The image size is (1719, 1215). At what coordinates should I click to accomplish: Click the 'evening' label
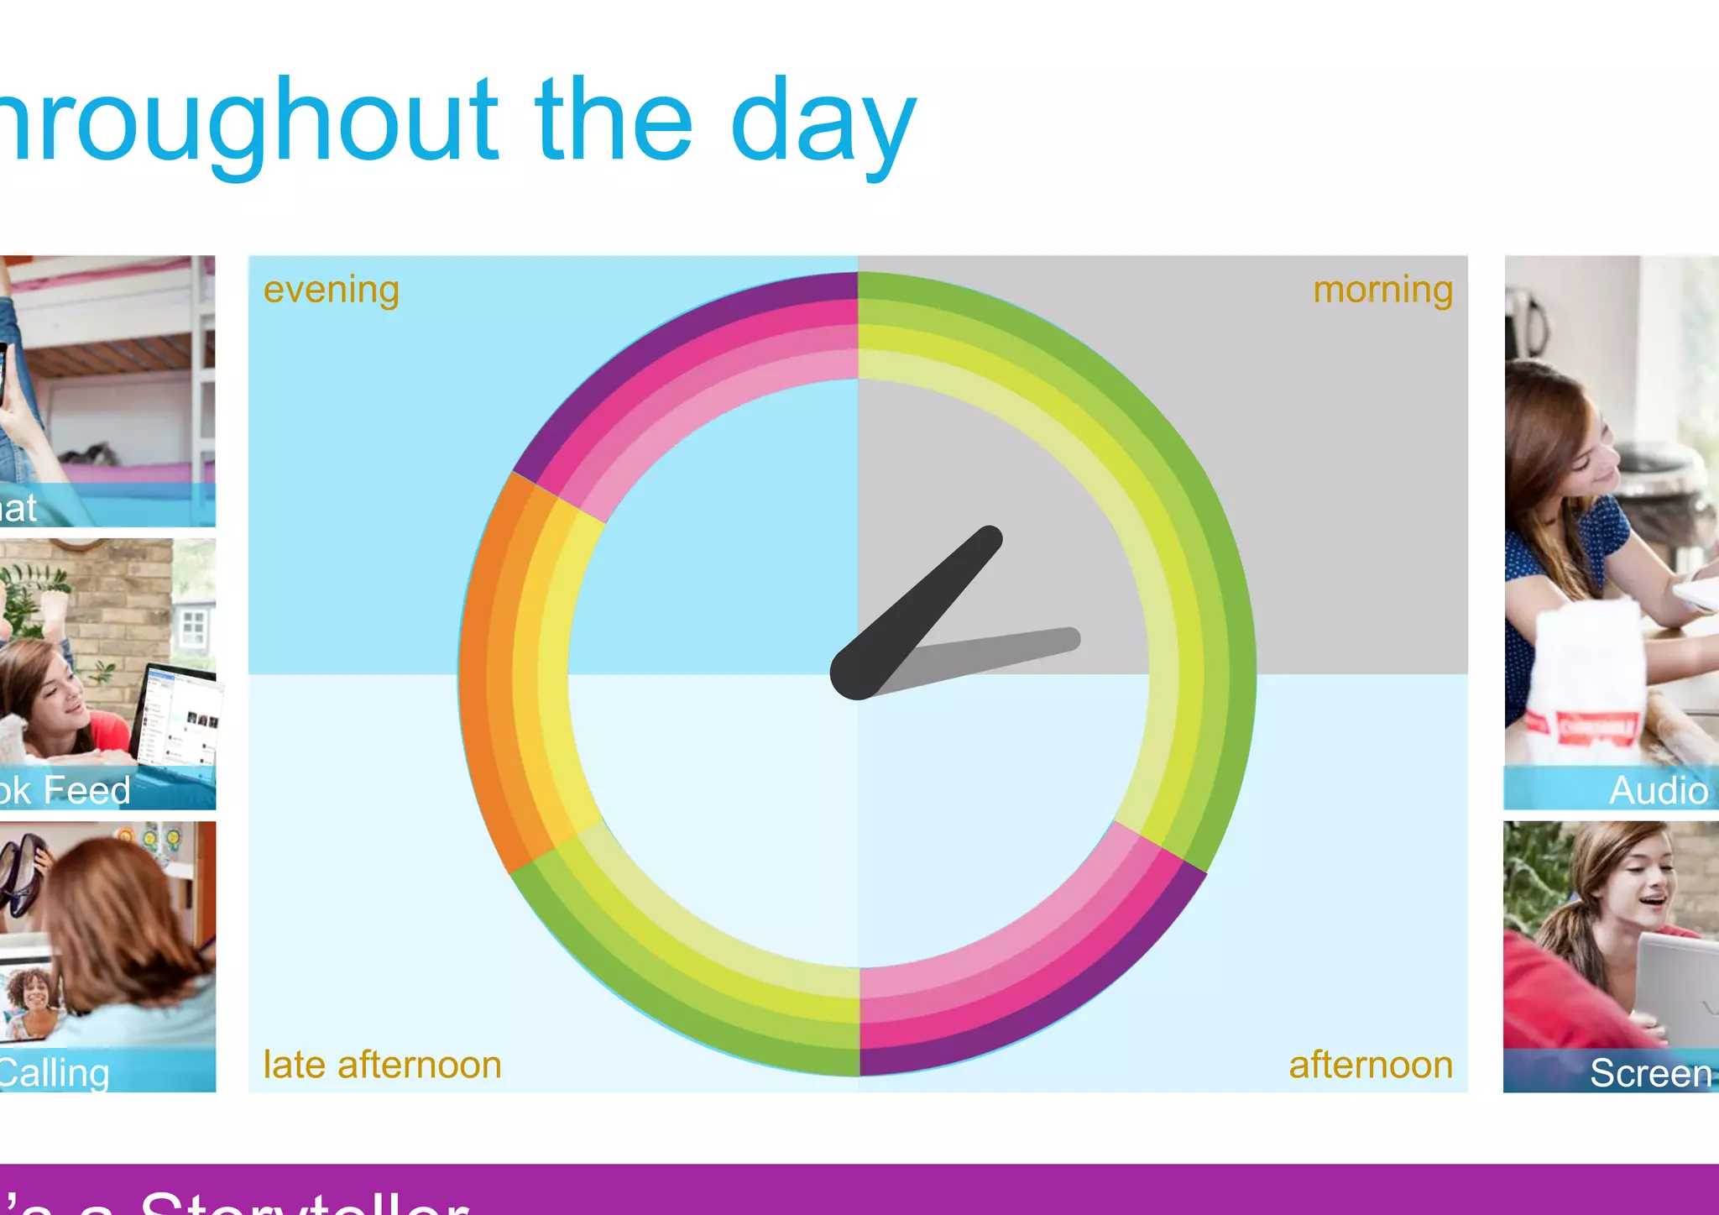[331, 290]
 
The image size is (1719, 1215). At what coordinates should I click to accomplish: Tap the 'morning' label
[1382, 290]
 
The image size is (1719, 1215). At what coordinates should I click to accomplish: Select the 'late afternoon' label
[382, 1065]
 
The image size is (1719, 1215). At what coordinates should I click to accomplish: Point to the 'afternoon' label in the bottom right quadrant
[1371, 1065]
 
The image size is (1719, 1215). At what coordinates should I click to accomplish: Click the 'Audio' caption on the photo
[1659, 790]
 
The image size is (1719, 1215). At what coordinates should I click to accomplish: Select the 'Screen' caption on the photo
[1650, 1072]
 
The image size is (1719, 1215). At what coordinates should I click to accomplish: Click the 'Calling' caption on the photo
[54, 1073]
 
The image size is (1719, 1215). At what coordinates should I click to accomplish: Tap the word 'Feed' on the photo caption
[87, 790]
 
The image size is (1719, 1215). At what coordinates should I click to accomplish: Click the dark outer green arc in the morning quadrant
[1175, 420]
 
